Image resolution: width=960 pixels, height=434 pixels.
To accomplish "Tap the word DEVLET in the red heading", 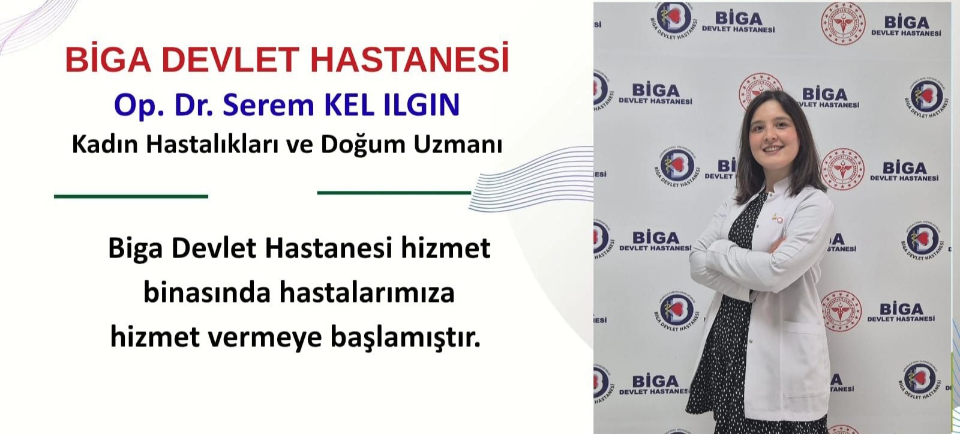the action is pyautogui.click(x=230, y=59).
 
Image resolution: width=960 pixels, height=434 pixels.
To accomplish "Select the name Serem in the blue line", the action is pyautogui.click(x=269, y=104).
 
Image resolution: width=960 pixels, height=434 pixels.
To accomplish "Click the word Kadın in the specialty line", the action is pyautogui.click(x=104, y=144).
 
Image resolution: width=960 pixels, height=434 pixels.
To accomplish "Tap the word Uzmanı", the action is pyautogui.click(x=457, y=145).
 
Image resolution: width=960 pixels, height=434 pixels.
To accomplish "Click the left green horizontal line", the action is pyautogui.click(x=131, y=196).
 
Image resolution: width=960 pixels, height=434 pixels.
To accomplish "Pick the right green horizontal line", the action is pyautogui.click(x=394, y=193).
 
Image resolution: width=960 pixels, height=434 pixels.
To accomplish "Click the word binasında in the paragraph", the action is pyautogui.click(x=207, y=293).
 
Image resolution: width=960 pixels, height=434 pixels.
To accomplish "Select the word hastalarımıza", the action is pyautogui.click(x=367, y=293).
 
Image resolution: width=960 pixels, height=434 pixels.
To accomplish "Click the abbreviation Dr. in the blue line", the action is pyautogui.click(x=194, y=104).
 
